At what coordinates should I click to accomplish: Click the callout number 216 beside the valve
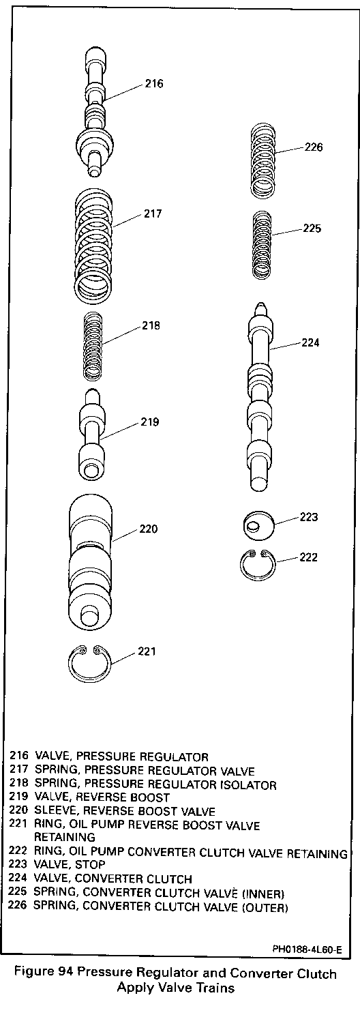[x=154, y=83]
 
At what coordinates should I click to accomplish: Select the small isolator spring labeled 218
[x=93, y=346]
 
